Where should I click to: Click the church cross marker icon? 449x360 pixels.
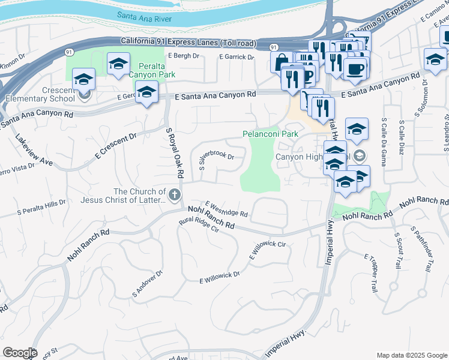(175, 194)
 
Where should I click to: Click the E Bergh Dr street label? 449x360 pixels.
(183, 56)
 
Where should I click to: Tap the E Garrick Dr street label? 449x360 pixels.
(238, 56)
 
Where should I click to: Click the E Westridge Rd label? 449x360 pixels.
(226, 209)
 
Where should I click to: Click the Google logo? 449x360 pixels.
(20, 353)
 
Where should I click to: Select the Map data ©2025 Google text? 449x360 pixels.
(411, 355)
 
